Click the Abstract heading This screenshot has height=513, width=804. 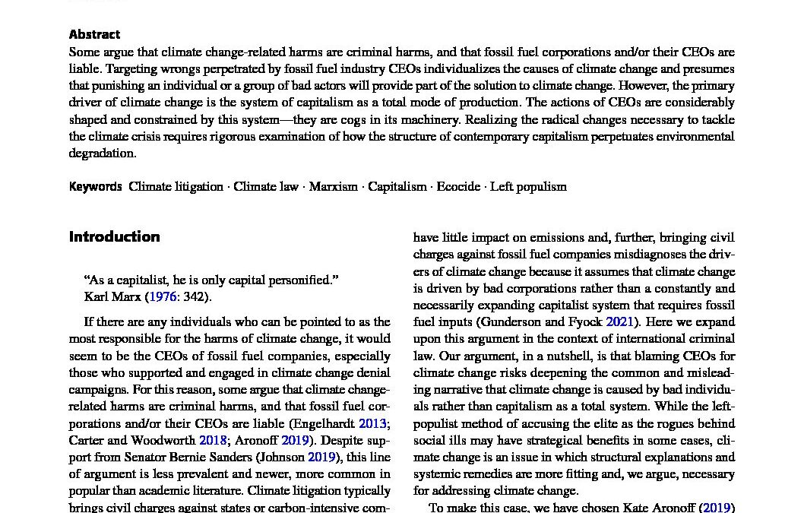94,34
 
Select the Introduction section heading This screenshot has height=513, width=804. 114,236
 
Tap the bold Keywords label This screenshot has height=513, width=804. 95,186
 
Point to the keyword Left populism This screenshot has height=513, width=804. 528,186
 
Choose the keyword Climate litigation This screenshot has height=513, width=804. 176,186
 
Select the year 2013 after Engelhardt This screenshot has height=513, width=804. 372,423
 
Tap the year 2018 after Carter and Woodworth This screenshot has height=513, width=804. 213,440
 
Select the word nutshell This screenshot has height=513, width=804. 581,355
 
